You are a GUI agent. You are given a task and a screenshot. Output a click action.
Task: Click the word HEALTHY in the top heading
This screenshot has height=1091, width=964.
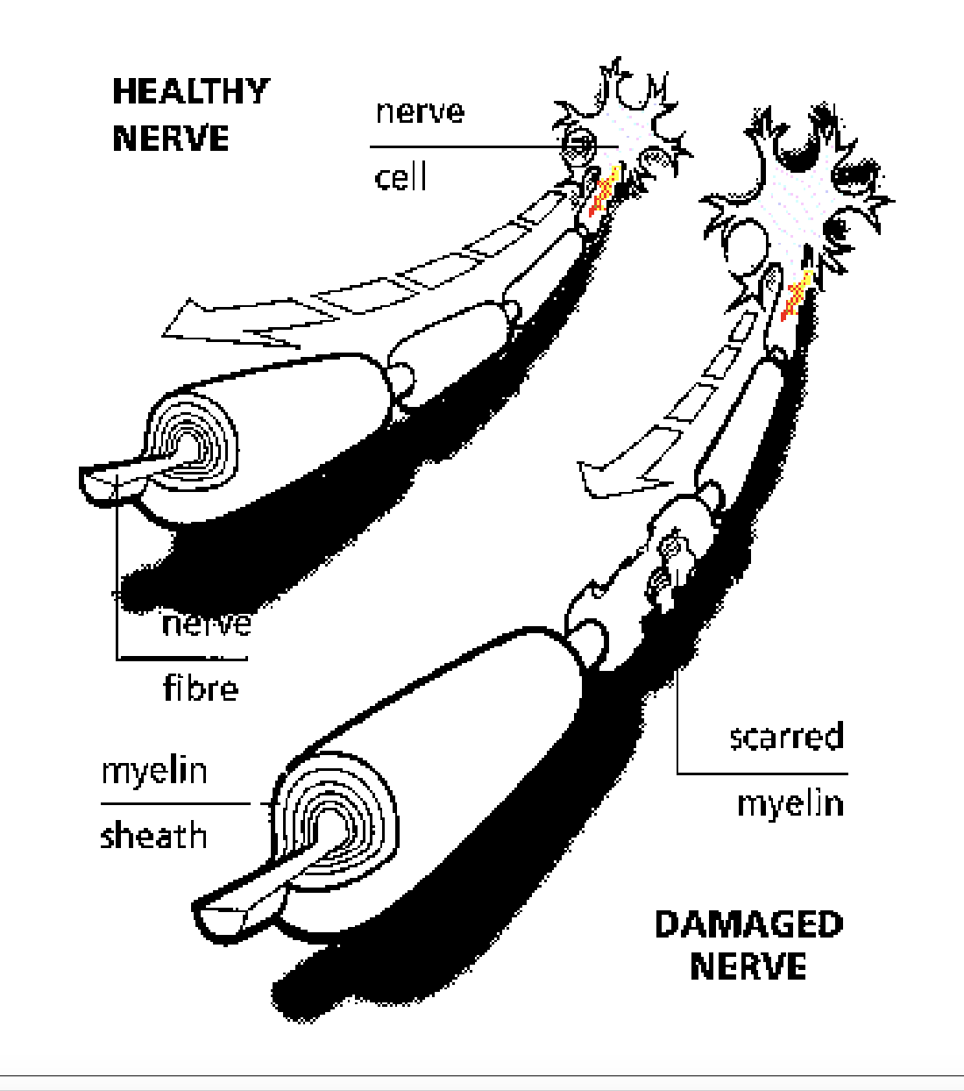[x=190, y=91]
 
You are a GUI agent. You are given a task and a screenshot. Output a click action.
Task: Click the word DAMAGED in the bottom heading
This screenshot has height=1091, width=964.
[x=748, y=924]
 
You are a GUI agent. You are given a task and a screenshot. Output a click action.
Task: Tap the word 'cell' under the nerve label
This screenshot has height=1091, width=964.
[x=400, y=177]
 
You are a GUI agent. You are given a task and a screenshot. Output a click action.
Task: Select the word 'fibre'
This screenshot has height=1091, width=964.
[x=201, y=688]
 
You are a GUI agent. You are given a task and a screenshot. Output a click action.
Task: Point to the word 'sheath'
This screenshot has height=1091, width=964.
[x=153, y=836]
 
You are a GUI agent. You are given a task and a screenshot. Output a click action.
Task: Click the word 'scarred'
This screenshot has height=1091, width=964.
[x=786, y=737]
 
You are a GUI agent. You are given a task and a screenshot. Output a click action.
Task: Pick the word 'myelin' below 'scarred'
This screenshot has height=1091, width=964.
[x=790, y=803]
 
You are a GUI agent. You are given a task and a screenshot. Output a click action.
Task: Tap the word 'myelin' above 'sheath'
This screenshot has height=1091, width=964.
[x=154, y=771]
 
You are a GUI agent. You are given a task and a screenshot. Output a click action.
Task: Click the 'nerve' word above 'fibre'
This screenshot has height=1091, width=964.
[x=207, y=624]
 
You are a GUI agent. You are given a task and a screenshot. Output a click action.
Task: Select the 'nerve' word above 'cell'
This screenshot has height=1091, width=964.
[x=420, y=111]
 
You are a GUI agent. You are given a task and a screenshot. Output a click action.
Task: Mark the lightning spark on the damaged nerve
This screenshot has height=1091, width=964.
[x=797, y=296]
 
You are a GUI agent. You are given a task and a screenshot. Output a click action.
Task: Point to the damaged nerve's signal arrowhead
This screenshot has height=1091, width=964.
[x=605, y=479]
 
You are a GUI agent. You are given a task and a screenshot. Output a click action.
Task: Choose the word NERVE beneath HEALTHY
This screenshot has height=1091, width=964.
[x=171, y=139]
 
